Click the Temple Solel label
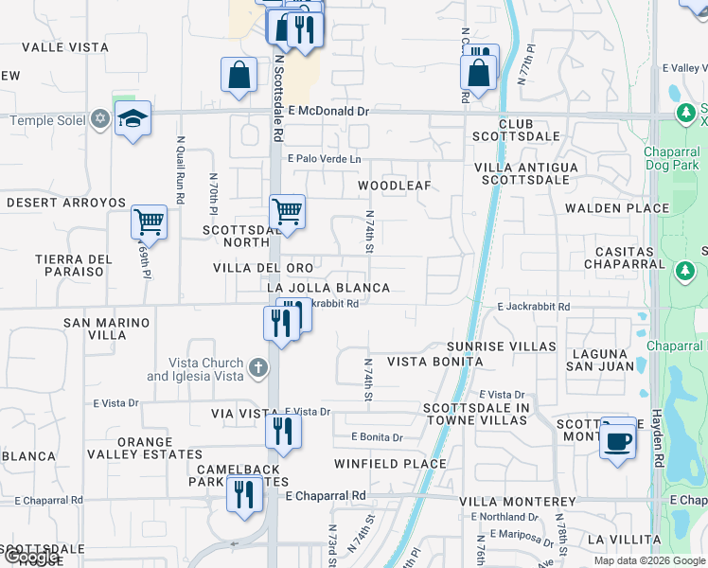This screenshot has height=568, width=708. tap(47, 120)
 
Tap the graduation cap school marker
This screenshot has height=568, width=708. tap(133, 118)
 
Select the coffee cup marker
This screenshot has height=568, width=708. tap(618, 438)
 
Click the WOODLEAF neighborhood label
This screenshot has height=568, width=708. tap(394, 186)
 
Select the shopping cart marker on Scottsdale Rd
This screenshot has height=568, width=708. tap(287, 212)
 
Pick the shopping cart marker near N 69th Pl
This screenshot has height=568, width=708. tap(150, 222)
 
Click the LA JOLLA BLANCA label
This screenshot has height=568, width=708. tap(328, 287)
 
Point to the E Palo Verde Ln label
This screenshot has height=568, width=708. tap(325, 159)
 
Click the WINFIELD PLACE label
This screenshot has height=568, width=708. tap(390, 464)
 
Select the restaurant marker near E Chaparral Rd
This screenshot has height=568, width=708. tap(244, 492)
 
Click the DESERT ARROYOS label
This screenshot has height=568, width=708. tap(66, 203)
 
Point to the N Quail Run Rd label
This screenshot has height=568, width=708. tap(179, 172)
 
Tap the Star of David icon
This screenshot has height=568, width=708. tap(99, 119)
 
